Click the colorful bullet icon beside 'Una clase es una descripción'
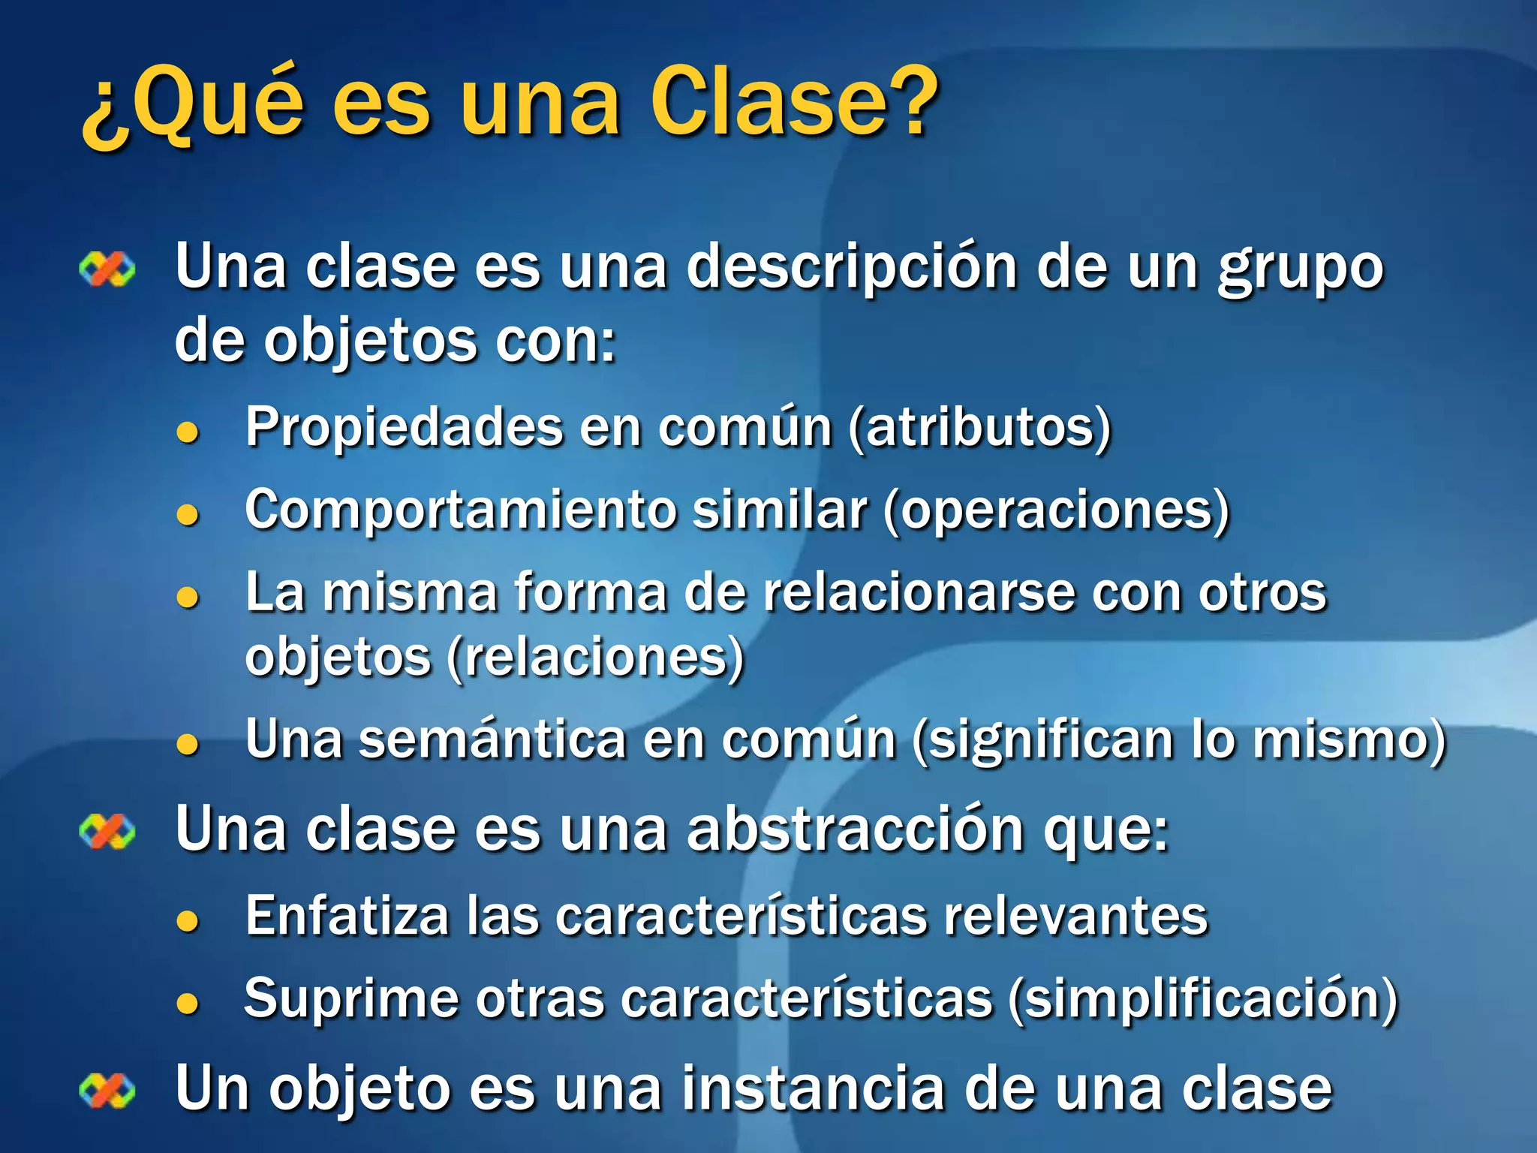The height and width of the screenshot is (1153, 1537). click(107, 269)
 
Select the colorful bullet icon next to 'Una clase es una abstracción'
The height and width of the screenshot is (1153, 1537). click(107, 832)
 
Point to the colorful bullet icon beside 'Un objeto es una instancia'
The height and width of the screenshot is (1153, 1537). click(107, 1090)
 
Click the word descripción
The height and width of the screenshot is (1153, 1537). click(852, 269)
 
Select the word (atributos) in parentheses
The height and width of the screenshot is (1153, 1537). click(979, 428)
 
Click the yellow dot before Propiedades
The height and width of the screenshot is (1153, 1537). click(187, 432)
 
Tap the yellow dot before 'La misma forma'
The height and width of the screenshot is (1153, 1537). click(187, 598)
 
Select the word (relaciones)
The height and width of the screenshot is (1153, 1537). click(595, 658)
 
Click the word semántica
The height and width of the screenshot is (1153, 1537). click(492, 740)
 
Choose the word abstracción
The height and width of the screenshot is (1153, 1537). click(856, 830)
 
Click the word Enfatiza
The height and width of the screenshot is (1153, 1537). click(346, 917)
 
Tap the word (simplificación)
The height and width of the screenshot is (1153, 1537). click(1203, 1000)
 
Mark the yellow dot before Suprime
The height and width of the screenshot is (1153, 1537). click(187, 1004)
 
